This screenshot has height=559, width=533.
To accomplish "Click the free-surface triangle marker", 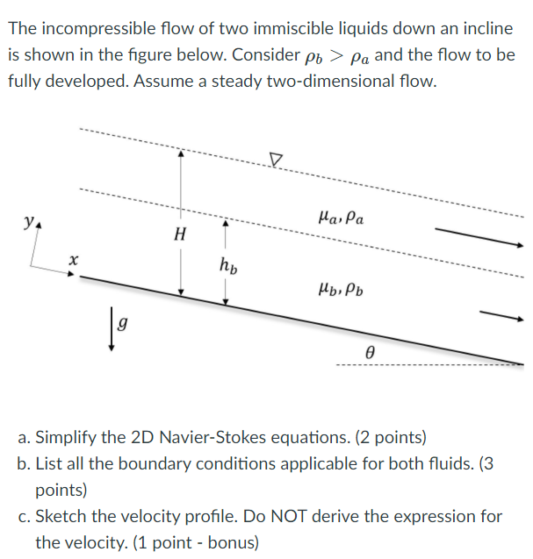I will point(277,160).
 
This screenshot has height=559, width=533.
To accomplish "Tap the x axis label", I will point(75,260).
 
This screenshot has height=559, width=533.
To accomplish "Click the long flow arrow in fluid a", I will point(474,236).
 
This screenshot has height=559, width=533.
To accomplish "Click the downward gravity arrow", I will point(111,332).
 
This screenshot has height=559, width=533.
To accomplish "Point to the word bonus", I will point(231,542).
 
